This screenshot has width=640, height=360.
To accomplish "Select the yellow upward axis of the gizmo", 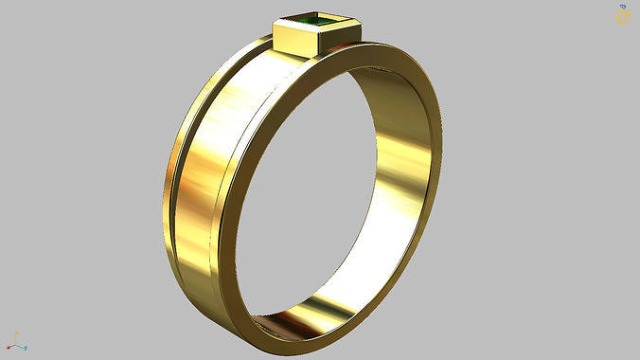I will coord(16,337).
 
